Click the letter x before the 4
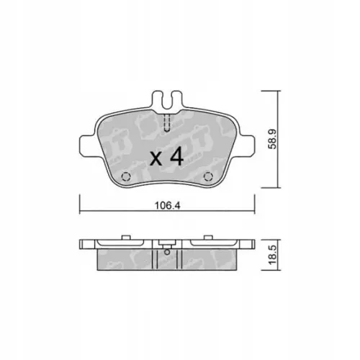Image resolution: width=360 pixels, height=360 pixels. click(155, 160)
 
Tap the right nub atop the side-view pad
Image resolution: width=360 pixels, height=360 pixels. click(209, 235)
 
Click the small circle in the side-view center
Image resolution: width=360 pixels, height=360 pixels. click(167, 252)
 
